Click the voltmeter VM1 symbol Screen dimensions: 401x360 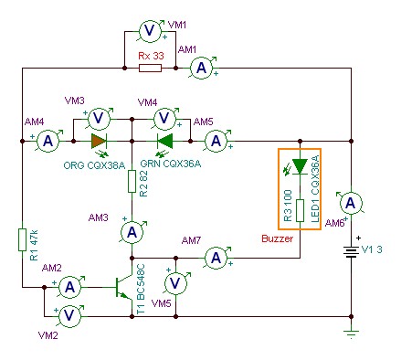tap(150, 31)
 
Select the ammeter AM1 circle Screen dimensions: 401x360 tap(201, 69)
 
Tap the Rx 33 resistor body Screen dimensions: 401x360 tap(150, 68)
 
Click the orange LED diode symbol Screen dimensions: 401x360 tap(99, 142)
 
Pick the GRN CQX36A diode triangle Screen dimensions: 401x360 tap(164, 142)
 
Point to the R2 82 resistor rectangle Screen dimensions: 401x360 tap(132, 181)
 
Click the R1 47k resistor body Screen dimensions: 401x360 tap(22, 239)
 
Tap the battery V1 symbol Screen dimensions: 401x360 tap(351, 251)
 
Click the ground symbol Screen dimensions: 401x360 tap(351, 334)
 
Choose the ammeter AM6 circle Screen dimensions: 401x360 tap(351, 203)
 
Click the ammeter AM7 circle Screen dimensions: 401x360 tap(216, 258)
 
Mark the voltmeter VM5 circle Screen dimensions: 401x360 tap(175, 283)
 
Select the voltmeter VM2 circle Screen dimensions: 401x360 tap(69, 316)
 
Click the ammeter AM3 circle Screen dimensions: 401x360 tap(132, 233)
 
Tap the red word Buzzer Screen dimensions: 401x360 tap(277, 238)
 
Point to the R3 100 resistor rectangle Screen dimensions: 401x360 tap(300, 210)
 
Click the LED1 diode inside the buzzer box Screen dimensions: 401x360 tap(300, 166)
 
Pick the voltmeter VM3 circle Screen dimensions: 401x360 tap(99, 118)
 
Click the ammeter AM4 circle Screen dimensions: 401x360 tap(47, 142)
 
